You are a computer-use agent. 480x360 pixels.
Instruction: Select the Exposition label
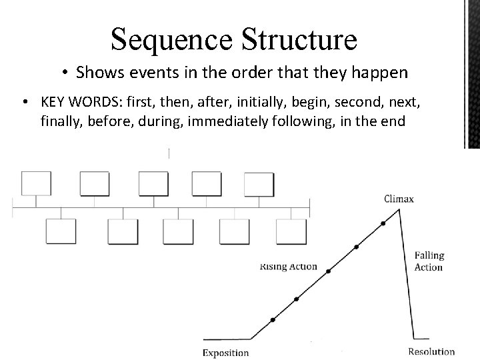click(x=226, y=353)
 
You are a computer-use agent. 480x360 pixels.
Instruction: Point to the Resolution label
click(x=432, y=351)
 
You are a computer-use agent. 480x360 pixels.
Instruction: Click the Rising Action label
click(x=288, y=267)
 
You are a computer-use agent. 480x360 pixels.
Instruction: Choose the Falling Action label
click(x=429, y=261)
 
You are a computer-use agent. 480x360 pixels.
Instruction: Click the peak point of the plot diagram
click(x=399, y=209)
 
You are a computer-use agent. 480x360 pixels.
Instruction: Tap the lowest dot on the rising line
click(x=272, y=320)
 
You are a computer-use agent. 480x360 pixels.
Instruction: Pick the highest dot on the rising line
click(x=383, y=223)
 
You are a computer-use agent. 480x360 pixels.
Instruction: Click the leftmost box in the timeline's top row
click(x=36, y=183)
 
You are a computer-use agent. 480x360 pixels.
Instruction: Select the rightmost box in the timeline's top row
click(x=259, y=183)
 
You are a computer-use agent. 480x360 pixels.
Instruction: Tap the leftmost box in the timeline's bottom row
click(x=61, y=231)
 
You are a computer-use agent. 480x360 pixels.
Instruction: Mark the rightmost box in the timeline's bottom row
click(x=291, y=231)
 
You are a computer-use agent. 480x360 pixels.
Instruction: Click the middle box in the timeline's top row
click(x=153, y=183)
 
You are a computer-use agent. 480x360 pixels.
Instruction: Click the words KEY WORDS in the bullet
click(x=74, y=102)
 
